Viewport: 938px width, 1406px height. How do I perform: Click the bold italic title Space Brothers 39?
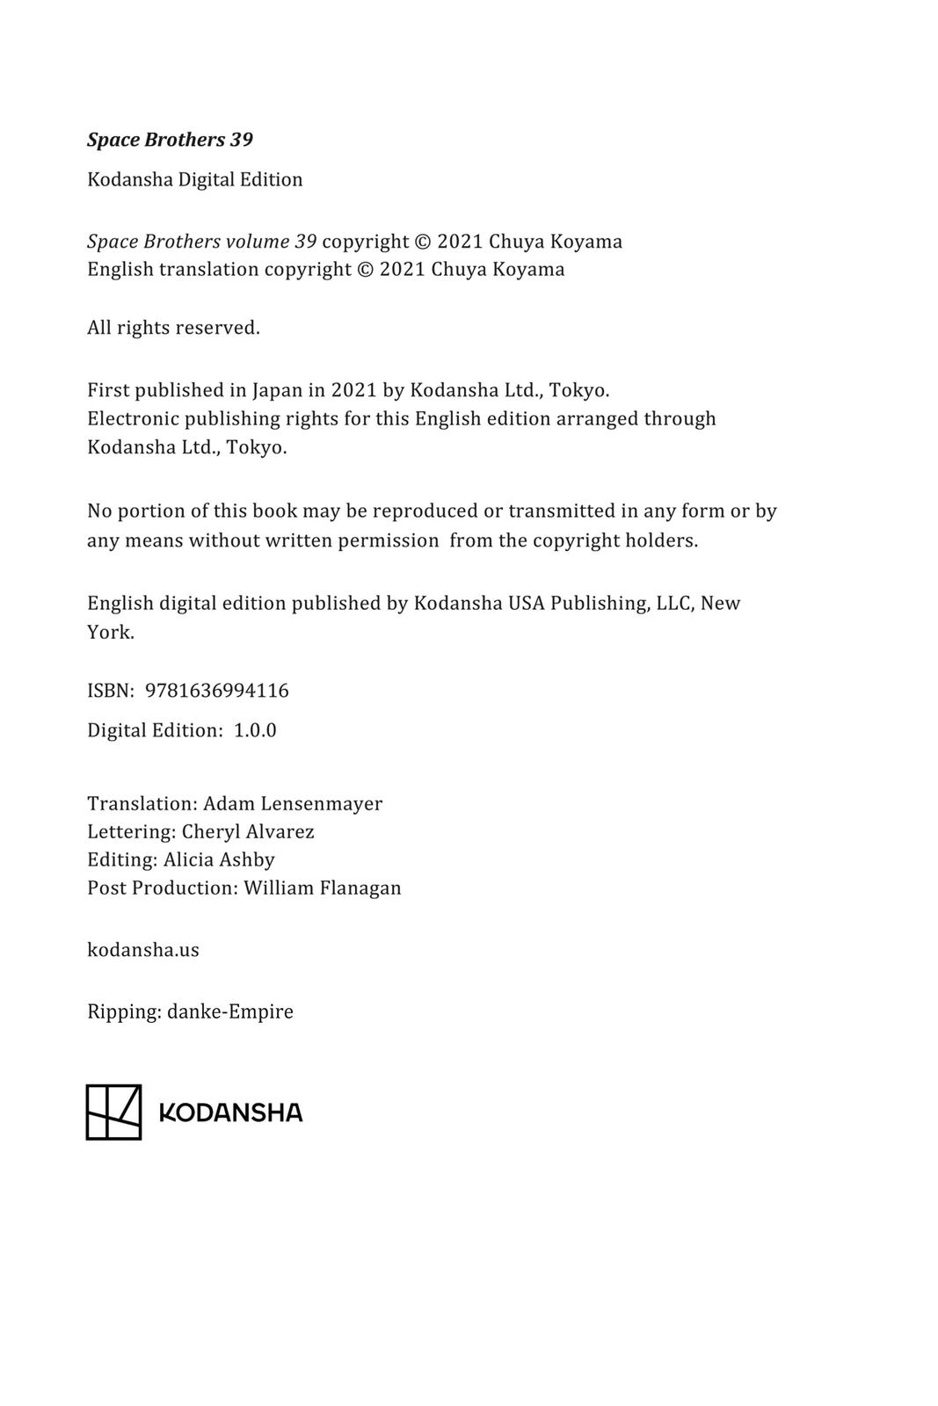tap(170, 140)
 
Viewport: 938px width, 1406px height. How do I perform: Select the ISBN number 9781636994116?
tap(216, 691)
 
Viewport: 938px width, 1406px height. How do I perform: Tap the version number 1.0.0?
tap(255, 730)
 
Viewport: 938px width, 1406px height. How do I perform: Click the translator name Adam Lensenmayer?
tap(293, 803)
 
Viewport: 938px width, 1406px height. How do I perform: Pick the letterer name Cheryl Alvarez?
tap(248, 831)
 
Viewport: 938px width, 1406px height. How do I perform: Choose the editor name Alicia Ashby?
tap(219, 859)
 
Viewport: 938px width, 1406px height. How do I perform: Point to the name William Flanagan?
tap(323, 888)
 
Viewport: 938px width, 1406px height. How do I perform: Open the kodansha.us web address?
tap(143, 950)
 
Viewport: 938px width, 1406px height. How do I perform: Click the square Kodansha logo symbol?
tap(113, 1112)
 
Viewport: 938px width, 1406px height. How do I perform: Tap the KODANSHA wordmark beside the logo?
tap(230, 1112)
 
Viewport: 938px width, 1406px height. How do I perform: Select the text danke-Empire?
tap(230, 1011)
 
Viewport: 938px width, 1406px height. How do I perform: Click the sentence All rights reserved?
tap(173, 328)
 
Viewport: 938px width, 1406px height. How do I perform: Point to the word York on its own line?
tap(110, 632)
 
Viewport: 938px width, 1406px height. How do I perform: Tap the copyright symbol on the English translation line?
tap(366, 270)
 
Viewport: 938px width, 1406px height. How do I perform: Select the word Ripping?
tap(123, 1012)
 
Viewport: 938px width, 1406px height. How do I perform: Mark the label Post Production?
tap(162, 888)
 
